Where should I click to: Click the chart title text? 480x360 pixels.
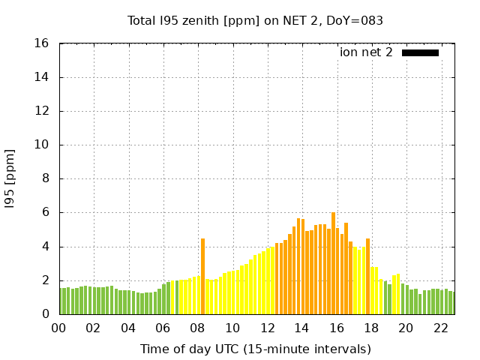pos(255,21)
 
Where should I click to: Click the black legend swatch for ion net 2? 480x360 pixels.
pos(420,52)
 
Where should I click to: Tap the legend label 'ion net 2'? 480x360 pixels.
pos(366,52)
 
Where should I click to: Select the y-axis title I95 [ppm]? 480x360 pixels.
pos(10,179)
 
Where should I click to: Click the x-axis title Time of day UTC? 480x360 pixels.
pos(255,349)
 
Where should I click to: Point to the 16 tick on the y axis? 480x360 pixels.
pos(43,43)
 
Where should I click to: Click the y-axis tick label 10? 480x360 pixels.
pos(43,145)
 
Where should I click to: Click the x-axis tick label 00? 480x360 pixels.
pos(59,328)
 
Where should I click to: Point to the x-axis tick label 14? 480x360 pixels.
pos(301,328)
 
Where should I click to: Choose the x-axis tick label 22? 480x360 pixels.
pos(440,328)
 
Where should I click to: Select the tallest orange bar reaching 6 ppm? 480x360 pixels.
pos(333,263)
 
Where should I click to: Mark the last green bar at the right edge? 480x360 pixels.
pos(451,303)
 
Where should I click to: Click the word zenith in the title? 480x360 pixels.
pos(197,21)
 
